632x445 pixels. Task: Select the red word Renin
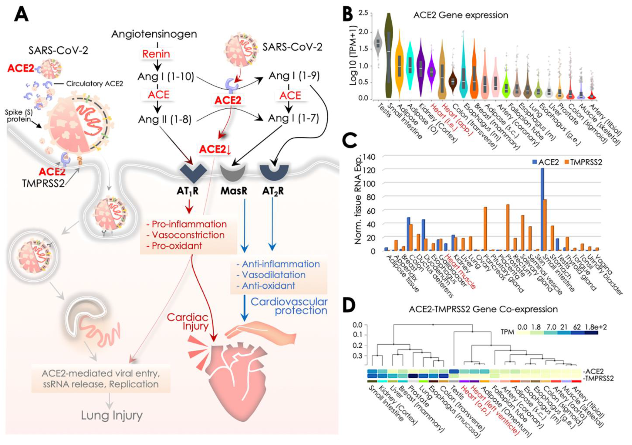click(156, 54)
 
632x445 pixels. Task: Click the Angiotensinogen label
click(154, 34)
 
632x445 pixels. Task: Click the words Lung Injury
click(112, 415)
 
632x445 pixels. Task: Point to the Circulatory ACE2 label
click(94, 83)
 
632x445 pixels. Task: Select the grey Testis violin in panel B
click(378, 44)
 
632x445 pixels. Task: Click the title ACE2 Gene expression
click(460, 15)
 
